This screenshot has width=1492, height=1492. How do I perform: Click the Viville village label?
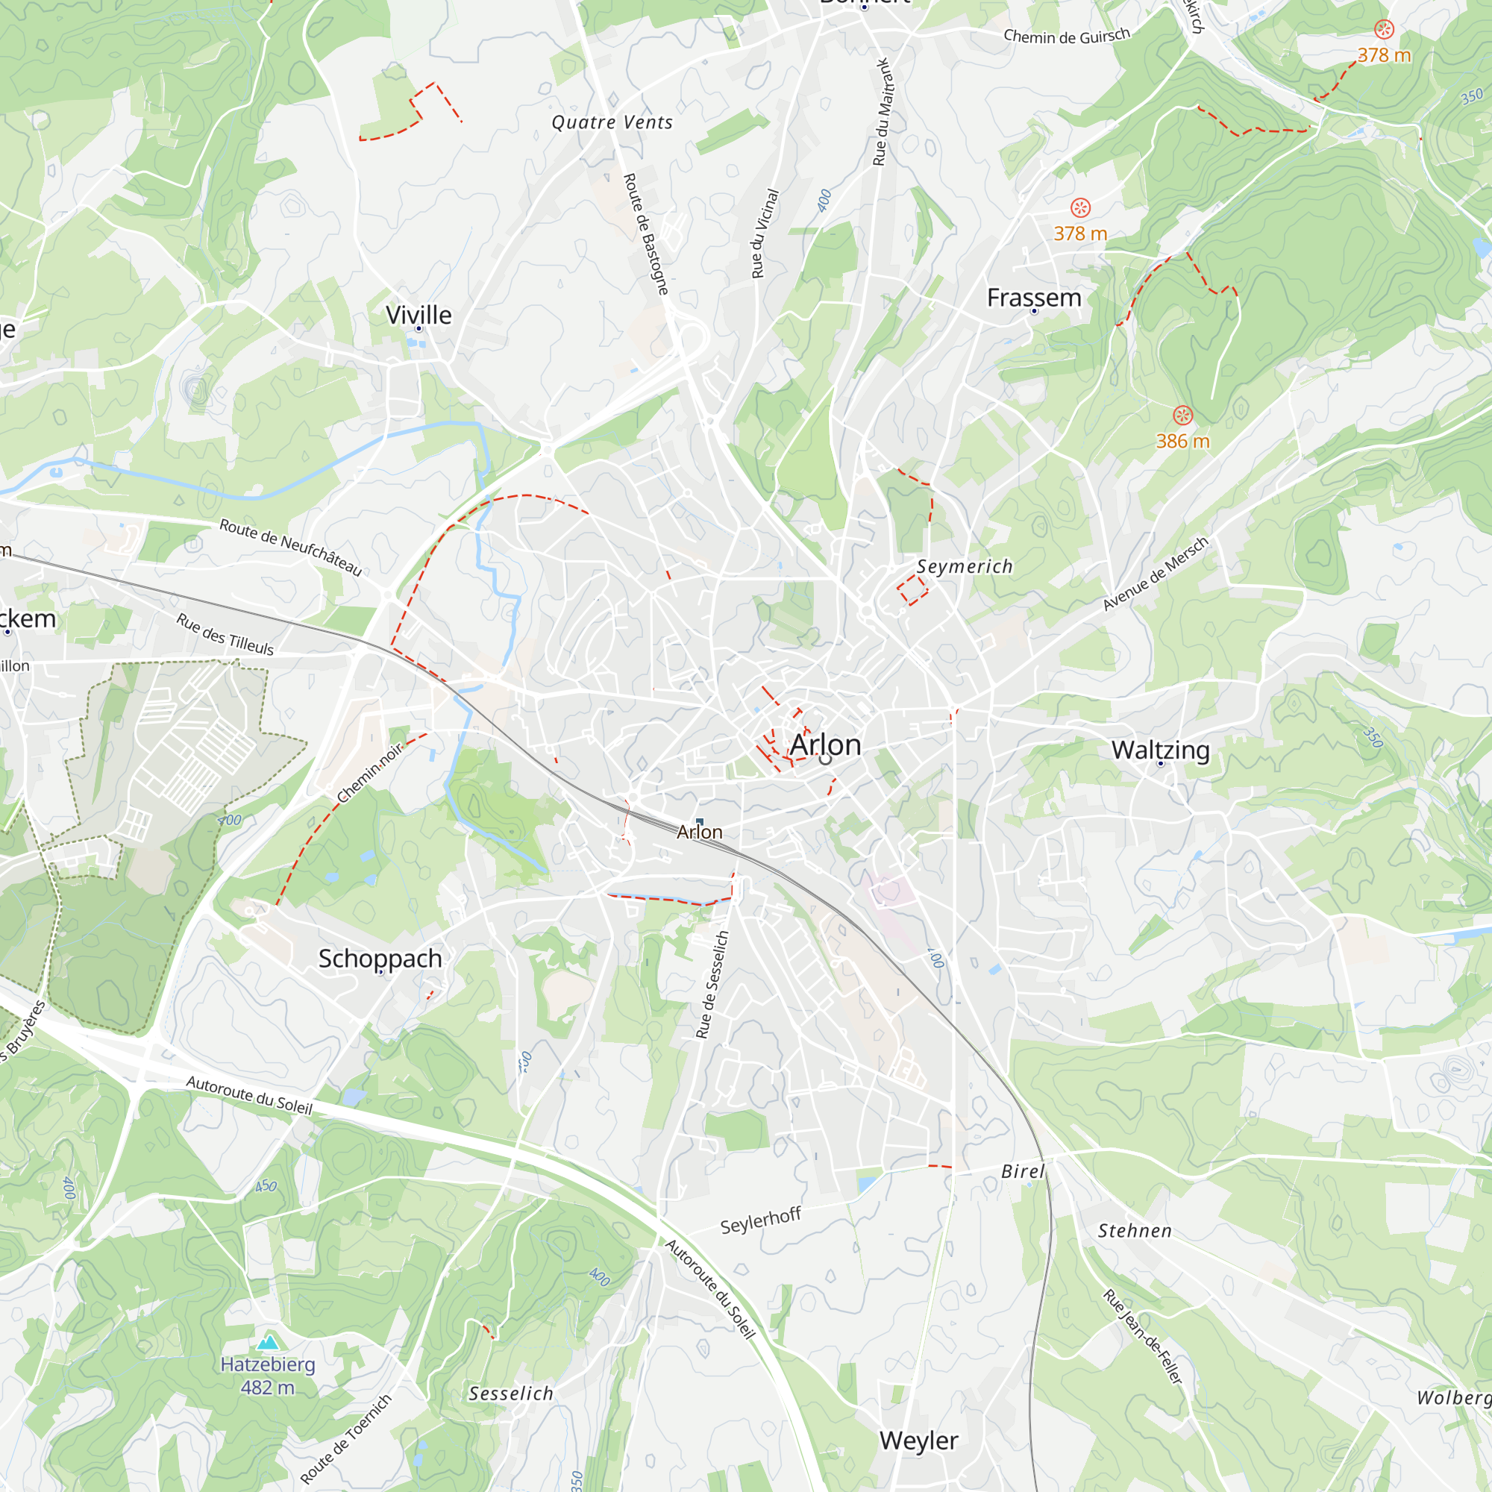(419, 315)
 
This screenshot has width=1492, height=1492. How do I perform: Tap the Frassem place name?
(1034, 298)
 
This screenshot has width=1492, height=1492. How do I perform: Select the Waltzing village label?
(1161, 750)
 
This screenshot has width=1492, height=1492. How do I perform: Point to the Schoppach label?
(380, 959)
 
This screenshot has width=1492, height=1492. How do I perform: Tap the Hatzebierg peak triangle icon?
(268, 1342)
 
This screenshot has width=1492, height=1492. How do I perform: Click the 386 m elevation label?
(1182, 441)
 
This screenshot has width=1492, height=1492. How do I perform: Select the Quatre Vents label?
(612, 122)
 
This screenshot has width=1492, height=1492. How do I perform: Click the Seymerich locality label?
(965, 566)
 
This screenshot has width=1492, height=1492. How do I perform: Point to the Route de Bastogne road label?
(645, 234)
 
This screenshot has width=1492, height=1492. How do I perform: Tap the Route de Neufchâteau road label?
(290, 548)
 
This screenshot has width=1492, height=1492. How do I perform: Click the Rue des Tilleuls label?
(225, 634)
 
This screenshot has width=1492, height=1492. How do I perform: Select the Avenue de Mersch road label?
(1156, 573)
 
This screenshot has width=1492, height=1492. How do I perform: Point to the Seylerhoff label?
(761, 1221)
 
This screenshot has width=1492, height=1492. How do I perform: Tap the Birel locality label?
(1023, 1171)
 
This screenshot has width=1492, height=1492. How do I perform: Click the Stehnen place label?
(1135, 1231)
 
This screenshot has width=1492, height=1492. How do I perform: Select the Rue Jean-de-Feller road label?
(1142, 1337)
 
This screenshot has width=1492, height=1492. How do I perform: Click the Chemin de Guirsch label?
(1067, 36)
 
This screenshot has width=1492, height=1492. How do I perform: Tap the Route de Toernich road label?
(346, 1438)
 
